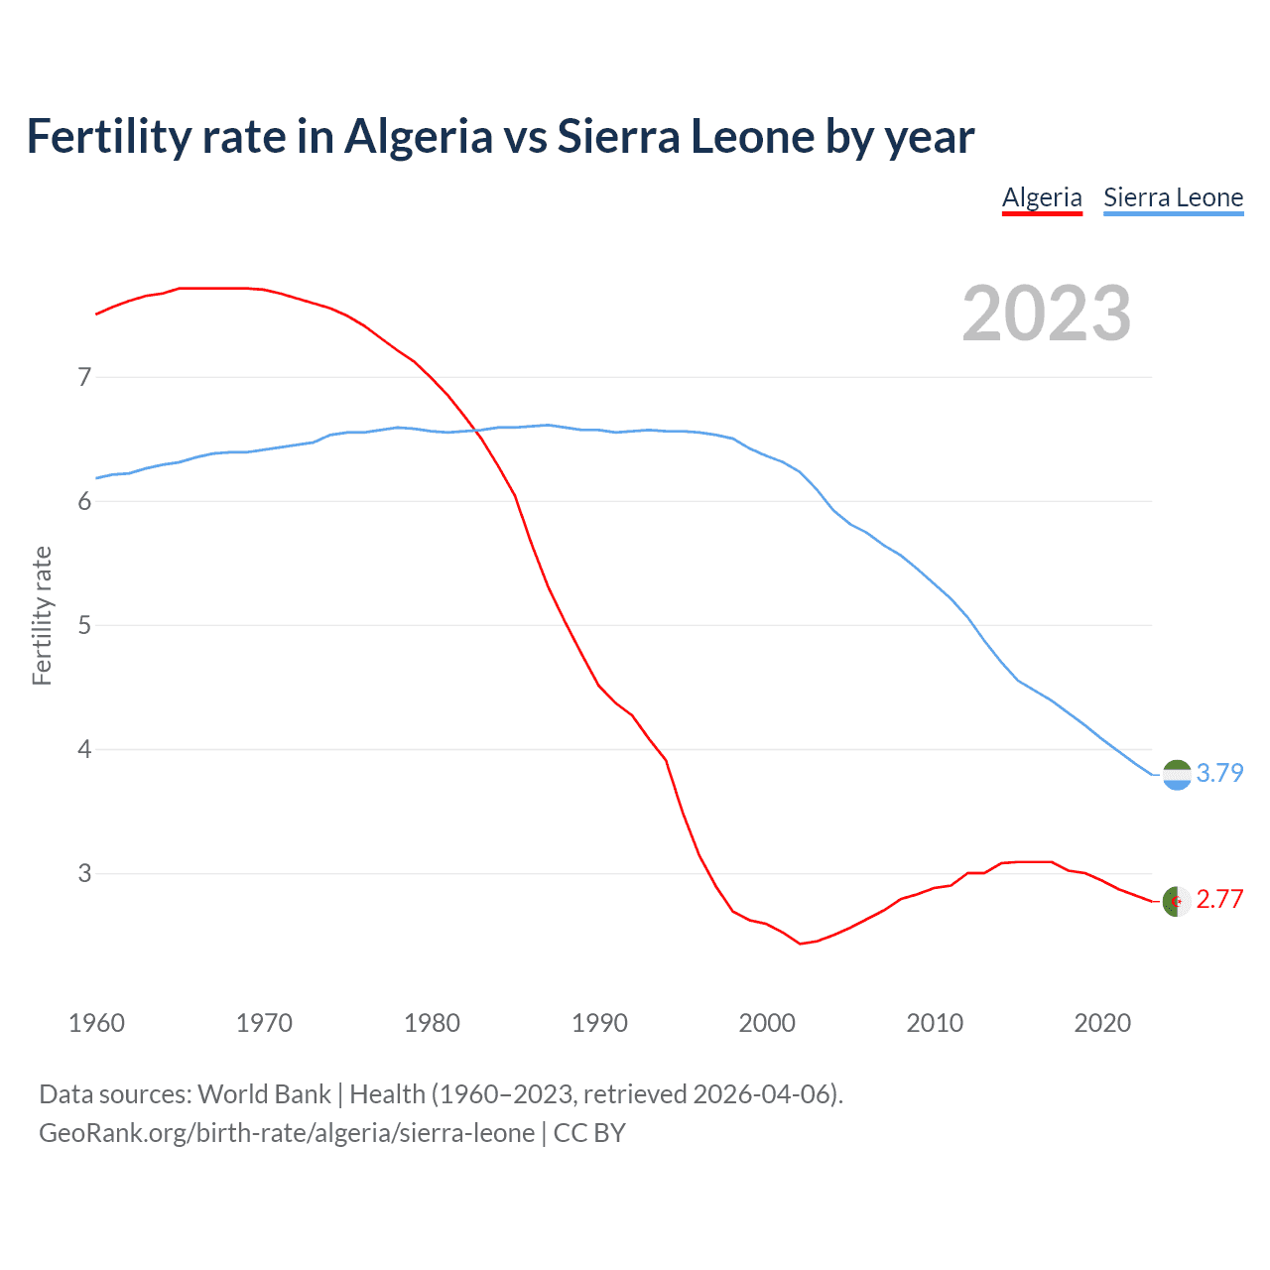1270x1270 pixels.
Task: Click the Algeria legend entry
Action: [x=1042, y=197]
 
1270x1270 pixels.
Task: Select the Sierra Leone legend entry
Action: [x=1173, y=197]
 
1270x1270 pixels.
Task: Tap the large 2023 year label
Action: [x=1046, y=314]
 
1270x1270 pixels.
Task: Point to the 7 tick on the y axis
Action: [x=84, y=377]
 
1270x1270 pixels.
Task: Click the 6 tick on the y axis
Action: [x=84, y=501]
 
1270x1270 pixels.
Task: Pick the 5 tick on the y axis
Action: [x=84, y=625]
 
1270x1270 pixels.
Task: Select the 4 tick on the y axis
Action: [x=84, y=749]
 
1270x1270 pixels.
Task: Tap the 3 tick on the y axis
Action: [x=84, y=873]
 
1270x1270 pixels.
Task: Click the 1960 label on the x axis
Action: [x=96, y=1023]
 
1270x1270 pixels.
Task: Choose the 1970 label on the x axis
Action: [x=264, y=1023]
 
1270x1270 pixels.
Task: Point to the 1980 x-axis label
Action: [x=432, y=1023]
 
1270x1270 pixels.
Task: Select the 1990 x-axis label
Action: [x=599, y=1023]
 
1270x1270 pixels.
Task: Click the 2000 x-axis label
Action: [x=767, y=1023]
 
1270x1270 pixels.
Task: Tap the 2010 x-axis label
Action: [x=935, y=1023]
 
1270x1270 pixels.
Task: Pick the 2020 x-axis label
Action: [x=1102, y=1023]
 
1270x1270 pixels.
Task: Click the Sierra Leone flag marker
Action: [x=1177, y=774]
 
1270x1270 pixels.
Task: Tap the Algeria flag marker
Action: [x=1177, y=901]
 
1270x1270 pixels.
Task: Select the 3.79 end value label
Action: [x=1219, y=773]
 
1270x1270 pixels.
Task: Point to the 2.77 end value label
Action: [x=1219, y=899]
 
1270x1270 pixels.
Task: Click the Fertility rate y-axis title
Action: [x=42, y=615]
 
